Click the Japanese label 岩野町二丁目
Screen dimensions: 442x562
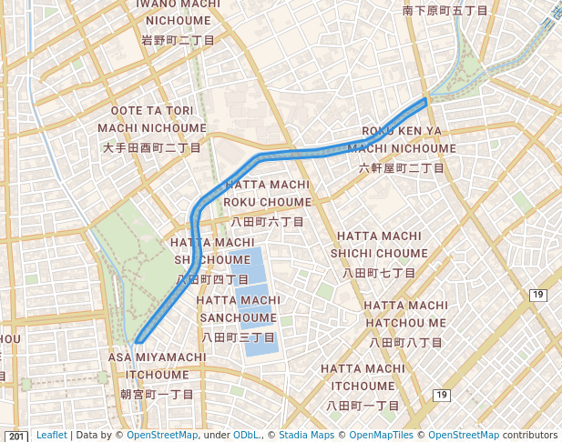pos(178,40)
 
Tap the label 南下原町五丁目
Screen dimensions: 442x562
pos(445,10)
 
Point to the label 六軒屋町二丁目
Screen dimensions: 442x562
pos(401,168)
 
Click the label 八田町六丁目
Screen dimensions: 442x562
pos(267,221)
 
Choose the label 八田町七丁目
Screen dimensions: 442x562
pos(379,272)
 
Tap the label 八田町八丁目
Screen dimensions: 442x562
pos(405,342)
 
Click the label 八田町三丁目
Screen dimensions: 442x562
pos(239,337)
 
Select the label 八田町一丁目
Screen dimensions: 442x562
pos(363,405)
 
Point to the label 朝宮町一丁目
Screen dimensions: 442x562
pos(158,394)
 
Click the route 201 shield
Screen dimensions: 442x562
pos(17,437)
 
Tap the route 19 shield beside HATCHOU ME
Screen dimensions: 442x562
pos(537,295)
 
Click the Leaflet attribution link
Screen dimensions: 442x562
pos(51,436)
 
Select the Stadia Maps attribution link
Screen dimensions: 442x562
pos(305,436)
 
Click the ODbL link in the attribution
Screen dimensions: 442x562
pos(247,436)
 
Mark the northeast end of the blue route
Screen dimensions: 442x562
pos(424,101)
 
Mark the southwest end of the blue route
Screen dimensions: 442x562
pos(137,342)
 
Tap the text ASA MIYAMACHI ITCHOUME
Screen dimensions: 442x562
pos(158,366)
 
